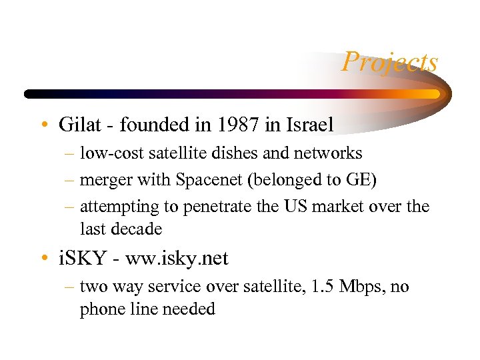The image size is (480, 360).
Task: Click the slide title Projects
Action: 390,63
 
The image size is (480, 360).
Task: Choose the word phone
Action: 100,309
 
